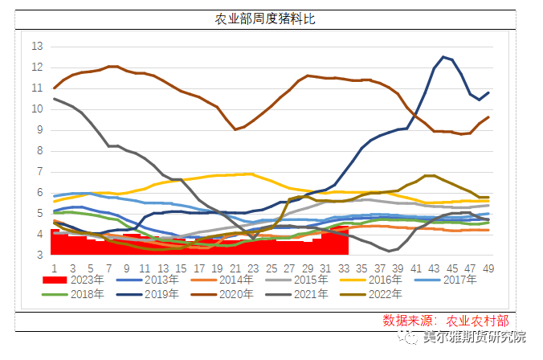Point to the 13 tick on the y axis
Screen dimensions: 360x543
pyautogui.click(x=37, y=47)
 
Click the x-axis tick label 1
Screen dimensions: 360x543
pyautogui.click(x=54, y=268)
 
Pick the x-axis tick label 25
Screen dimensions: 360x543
pyautogui.click(x=271, y=268)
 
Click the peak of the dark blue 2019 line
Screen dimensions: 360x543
pyautogui.click(x=443, y=57)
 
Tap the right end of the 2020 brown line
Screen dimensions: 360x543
pyautogui.click(x=488, y=117)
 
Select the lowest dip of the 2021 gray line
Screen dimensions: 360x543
pyautogui.click(x=390, y=251)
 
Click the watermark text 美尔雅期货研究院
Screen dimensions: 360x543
pyautogui.click(x=474, y=337)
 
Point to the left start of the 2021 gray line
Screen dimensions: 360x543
pyautogui.click(x=55, y=99)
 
